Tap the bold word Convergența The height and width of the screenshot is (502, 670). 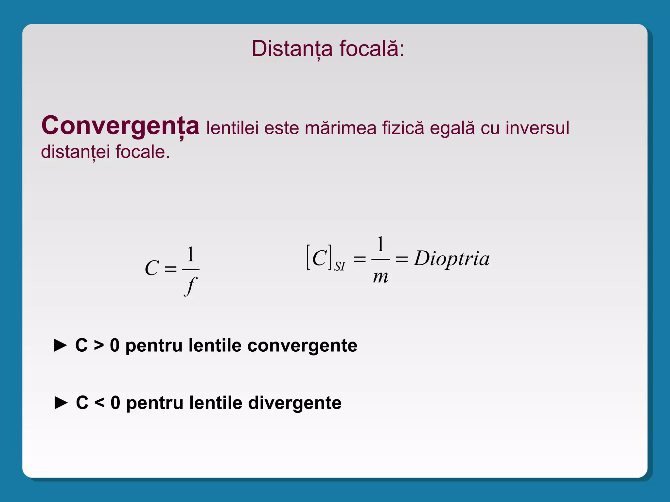120,126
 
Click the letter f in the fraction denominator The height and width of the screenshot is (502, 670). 190,285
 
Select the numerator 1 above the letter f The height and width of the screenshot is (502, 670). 190,255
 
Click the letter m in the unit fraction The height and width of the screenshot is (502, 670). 380,277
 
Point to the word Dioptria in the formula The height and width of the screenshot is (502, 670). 452,259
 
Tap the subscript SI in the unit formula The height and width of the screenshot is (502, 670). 340,266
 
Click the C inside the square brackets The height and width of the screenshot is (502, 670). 320,258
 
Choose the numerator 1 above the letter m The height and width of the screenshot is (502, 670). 380,244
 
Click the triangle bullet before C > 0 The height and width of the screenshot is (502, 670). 60,345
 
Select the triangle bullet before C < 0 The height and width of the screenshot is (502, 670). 61,403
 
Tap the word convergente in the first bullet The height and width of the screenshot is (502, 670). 302,345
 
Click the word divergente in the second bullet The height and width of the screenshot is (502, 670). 295,403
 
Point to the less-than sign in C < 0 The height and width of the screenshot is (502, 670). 99,403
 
